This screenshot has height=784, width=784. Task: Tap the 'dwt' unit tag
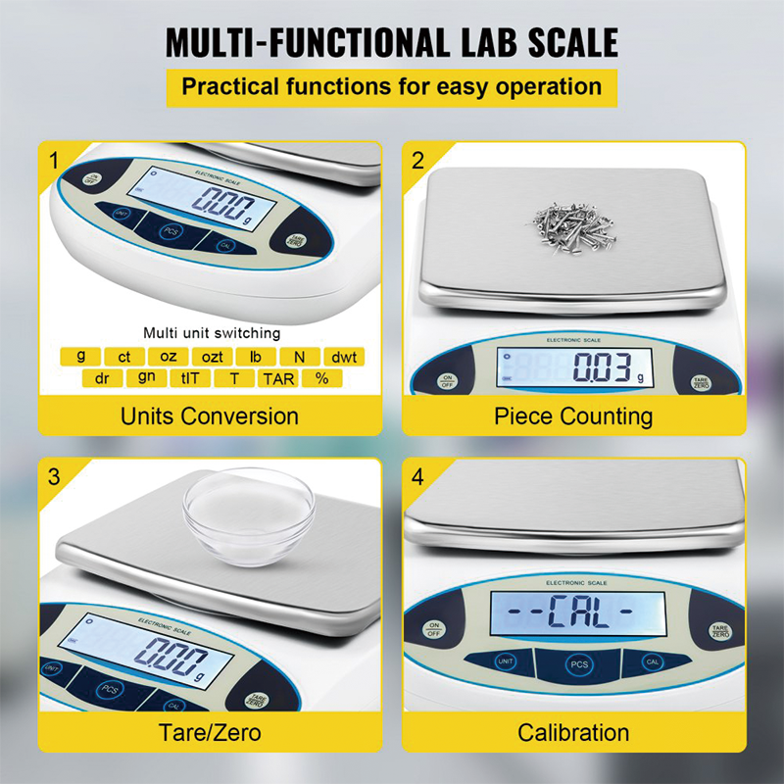coord(343,357)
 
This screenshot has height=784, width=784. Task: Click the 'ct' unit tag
coord(124,357)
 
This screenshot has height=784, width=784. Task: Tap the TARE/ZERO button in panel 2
coord(701,381)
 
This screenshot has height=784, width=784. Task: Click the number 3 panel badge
coord(55,477)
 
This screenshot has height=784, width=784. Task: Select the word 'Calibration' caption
coord(573,732)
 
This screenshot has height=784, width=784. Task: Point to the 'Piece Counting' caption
coord(573,416)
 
